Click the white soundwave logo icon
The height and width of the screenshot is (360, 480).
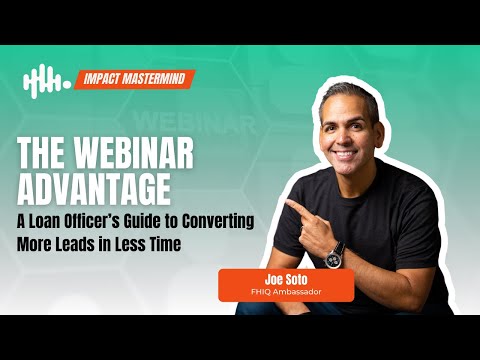[47, 81]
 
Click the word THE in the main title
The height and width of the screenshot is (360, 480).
[41, 153]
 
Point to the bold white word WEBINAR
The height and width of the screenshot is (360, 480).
[133, 153]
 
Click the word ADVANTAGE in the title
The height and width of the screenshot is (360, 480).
[94, 189]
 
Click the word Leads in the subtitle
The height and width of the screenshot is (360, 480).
[74, 244]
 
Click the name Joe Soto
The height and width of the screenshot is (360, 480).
[286, 279]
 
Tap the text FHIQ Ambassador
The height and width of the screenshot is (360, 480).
[286, 292]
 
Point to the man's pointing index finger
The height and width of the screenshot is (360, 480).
[298, 207]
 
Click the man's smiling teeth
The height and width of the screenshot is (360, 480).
[345, 154]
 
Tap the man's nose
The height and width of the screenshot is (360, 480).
[345, 139]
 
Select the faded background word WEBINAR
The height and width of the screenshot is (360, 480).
[194, 122]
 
